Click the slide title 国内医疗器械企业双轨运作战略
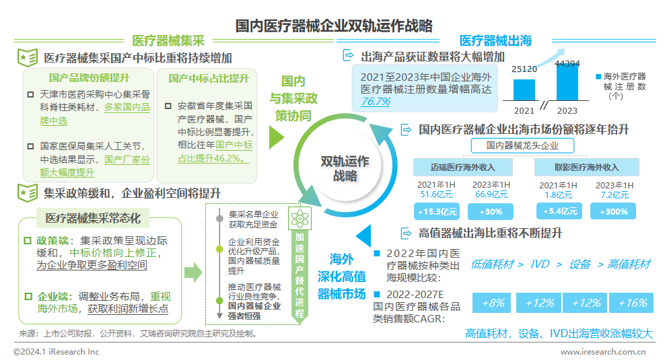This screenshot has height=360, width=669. pyautogui.click(x=334, y=26)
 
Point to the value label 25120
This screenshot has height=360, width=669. pyautogui.click(x=524, y=69)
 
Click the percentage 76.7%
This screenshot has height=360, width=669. pyautogui.click(x=376, y=102)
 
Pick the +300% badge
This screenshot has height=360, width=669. pyautogui.click(x=613, y=211)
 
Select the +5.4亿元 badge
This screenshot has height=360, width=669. pyautogui.click(x=559, y=211)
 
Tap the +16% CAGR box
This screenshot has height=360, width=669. pyautogui.click(x=631, y=303)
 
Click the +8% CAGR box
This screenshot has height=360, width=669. pyautogui.click(x=493, y=303)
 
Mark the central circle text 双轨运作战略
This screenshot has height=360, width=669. pyautogui.click(x=344, y=168)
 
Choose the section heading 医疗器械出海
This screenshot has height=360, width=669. pyautogui.click(x=495, y=40)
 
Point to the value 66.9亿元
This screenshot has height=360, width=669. pyautogui.click(x=491, y=194)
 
